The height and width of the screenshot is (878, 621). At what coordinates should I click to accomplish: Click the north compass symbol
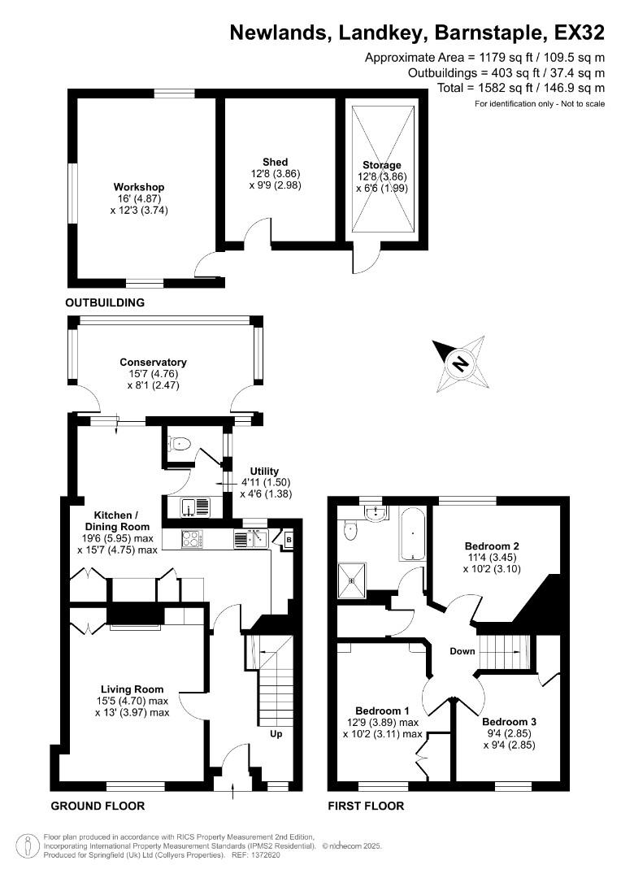click(x=460, y=363)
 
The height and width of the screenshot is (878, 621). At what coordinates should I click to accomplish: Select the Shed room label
click(x=275, y=162)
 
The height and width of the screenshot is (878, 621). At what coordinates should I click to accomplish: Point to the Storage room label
click(x=382, y=165)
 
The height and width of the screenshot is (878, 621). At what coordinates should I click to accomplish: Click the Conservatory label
click(x=153, y=363)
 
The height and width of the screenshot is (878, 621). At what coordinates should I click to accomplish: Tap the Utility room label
click(x=264, y=472)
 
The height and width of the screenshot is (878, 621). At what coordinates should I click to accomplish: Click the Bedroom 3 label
click(x=509, y=722)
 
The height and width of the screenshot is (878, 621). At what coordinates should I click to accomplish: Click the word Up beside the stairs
click(x=276, y=734)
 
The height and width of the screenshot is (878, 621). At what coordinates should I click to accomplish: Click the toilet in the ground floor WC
click(x=180, y=444)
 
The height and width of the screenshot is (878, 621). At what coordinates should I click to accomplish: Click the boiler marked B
click(x=289, y=537)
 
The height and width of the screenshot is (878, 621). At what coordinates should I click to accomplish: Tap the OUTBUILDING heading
click(x=105, y=302)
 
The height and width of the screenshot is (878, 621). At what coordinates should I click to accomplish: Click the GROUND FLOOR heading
click(x=98, y=806)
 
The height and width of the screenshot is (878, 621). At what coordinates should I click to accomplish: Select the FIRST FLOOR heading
click(x=365, y=806)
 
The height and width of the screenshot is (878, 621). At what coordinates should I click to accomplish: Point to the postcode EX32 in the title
click(x=579, y=33)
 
